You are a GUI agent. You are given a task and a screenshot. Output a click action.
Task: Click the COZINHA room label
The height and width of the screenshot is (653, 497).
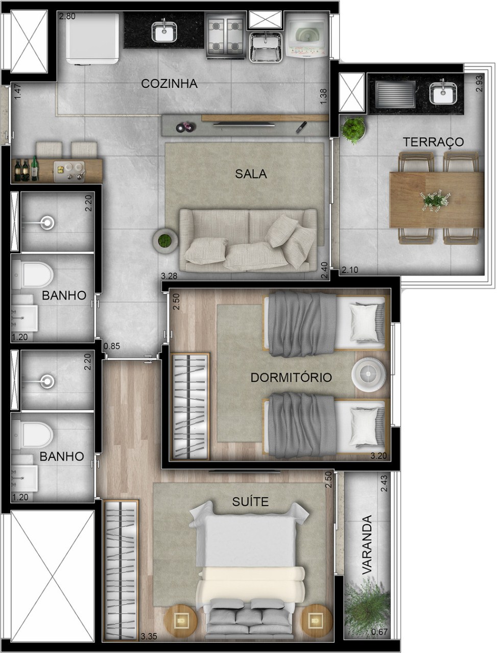coord(169,84)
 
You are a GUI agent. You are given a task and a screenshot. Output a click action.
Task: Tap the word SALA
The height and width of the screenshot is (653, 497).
coord(251,173)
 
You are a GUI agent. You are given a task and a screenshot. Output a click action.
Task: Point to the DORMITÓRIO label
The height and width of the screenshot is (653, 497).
coord(291,378)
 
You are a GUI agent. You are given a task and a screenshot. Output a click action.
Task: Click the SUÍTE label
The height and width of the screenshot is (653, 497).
coord(250,501)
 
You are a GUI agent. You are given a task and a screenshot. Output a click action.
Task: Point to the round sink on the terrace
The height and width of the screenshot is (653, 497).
coord(443,92)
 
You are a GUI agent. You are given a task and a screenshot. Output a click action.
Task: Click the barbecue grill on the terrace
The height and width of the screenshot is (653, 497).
coord(394,94)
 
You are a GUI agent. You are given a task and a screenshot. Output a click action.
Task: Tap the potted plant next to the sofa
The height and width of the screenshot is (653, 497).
coord(165,240)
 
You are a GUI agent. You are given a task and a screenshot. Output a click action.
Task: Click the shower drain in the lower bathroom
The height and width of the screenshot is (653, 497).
coord(48,381)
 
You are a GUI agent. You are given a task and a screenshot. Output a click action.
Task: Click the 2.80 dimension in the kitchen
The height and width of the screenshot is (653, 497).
coord(67,16)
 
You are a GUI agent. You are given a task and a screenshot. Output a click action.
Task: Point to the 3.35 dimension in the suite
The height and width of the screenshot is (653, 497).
coord(149,636)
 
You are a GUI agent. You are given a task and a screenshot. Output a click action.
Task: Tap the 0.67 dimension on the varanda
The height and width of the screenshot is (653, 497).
coord(380,633)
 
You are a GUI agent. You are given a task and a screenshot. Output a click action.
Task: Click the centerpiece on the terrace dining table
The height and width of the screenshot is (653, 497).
coord(435,199)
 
